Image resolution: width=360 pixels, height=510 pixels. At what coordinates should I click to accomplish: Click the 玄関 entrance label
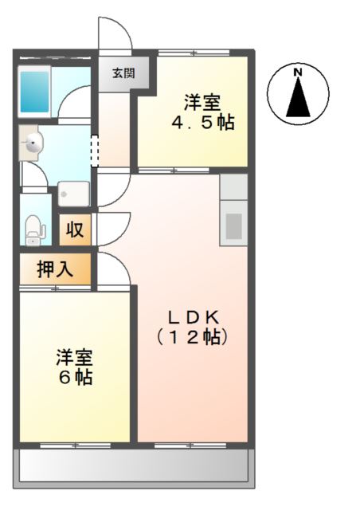coord(123,73)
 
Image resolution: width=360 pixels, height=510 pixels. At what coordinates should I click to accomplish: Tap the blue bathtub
coord(34,92)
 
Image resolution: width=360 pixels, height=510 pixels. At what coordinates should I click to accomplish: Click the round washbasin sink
coord(33,143)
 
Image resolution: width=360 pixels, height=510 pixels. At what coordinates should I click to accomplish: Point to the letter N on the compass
coord(298,73)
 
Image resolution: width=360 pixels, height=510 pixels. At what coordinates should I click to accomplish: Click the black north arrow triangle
coord(298,97)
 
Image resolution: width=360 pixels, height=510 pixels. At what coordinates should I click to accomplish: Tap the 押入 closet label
coord(55,269)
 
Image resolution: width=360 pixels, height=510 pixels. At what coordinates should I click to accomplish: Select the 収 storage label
coord(75,229)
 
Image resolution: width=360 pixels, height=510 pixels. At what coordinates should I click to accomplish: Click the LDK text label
coord(194,317)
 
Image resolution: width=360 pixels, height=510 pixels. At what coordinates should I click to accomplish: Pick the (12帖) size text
coord(192,337)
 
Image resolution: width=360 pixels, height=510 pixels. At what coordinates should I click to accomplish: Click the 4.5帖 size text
coord(203,123)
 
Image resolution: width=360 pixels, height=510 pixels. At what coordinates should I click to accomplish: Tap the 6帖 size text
coord(76,377)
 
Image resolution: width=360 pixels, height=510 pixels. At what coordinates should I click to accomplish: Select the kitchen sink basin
coord(234,226)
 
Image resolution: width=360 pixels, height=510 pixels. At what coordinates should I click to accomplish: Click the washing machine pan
coord(74,194)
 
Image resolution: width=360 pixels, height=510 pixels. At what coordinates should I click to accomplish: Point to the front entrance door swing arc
coord(124,26)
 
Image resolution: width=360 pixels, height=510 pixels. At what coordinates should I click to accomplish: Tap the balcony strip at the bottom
coord(134,465)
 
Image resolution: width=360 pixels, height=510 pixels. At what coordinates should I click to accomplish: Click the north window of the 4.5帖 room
coord(194,53)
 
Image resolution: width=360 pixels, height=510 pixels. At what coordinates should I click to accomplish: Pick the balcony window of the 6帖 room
coord(75,445)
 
